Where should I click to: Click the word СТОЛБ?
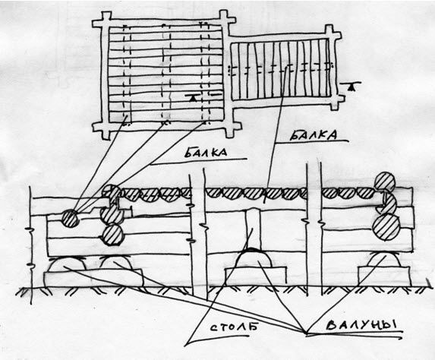232,327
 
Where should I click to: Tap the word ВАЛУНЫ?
361,324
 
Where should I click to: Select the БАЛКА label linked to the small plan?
314,135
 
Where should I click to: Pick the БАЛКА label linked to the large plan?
206,153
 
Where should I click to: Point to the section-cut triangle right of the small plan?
351,86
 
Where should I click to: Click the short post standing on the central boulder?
253,228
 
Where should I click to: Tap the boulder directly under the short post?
253,258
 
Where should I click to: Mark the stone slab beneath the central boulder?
256,276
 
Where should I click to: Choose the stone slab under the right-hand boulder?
384,276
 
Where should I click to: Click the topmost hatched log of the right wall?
384,182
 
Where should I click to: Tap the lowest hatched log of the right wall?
386,227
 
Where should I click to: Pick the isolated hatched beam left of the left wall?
70,218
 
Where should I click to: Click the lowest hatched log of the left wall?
112,235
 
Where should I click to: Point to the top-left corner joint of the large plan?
105,23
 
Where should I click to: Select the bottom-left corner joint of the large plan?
105,127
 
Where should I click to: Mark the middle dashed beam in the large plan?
166,74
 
